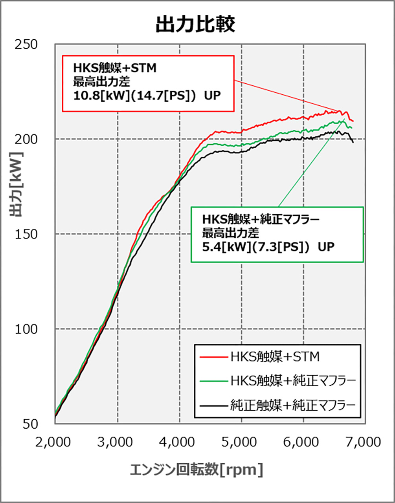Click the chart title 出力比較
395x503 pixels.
point(195,24)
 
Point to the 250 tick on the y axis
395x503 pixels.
point(27,44)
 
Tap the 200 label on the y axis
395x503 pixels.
point(27,139)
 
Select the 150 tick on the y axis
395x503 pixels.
point(27,234)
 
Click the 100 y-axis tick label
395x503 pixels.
point(27,329)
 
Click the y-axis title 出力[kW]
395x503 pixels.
point(18,185)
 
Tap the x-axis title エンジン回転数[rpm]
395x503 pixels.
point(196,469)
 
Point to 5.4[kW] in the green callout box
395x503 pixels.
point(222,247)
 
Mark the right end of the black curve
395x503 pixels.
point(353,142)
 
